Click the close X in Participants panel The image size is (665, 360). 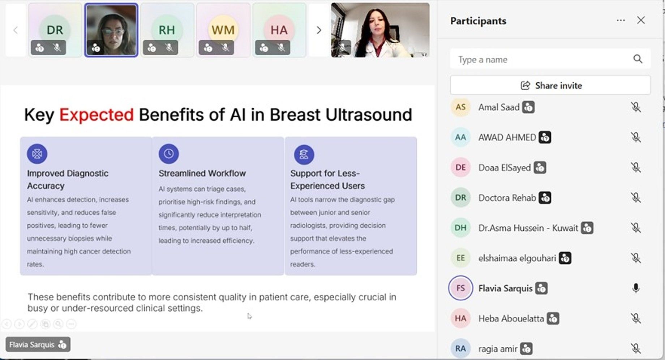[641, 20]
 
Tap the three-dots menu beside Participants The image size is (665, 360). [621, 20]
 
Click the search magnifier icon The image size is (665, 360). [638, 59]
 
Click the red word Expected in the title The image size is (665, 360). [96, 115]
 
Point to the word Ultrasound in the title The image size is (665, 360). [369, 115]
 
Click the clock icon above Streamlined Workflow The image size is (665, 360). [169, 154]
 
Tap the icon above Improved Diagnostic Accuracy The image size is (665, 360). [37, 154]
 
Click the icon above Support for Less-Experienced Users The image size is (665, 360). [304, 154]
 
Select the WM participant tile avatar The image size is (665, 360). [223, 30]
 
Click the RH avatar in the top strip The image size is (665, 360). [167, 30]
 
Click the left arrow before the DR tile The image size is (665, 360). [16, 30]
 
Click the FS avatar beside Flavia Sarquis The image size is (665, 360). [460, 288]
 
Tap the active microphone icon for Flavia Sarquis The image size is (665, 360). [636, 288]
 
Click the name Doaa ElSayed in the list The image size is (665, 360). [505, 168]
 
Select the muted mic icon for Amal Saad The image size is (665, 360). [636, 107]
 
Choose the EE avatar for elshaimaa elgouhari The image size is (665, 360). [460, 258]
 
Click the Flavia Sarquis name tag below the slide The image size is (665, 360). [38, 344]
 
